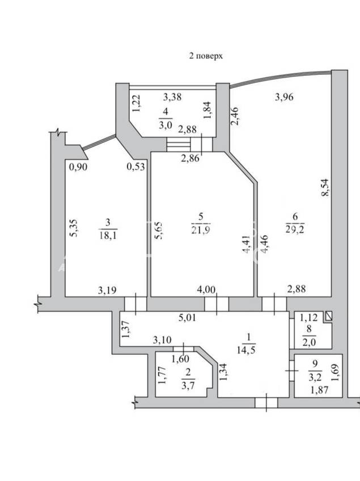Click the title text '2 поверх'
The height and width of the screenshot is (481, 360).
[206, 56]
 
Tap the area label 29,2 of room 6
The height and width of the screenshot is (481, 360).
[295, 229]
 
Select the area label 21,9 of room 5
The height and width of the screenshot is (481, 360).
[201, 230]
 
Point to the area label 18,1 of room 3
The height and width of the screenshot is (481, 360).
[108, 235]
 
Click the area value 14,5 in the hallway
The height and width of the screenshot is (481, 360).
[246, 350]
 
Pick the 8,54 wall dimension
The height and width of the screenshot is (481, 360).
[324, 188]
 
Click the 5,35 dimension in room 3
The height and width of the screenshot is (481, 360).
[74, 228]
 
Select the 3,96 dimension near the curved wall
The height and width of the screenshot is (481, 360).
[284, 97]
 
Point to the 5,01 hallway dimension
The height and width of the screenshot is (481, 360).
[187, 317]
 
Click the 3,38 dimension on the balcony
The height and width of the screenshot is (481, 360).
[172, 97]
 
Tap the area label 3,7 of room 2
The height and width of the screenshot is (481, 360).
[188, 385]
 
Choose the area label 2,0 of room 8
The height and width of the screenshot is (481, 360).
[308, 342]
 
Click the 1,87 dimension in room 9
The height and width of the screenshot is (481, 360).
[319, 390]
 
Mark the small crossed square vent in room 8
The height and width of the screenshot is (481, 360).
[329, 316]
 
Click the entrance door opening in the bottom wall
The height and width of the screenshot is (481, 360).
[266, 403]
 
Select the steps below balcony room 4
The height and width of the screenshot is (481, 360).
[179, 144]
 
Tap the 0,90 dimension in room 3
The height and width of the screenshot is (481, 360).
[78, 167]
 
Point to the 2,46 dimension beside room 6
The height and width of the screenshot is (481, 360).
[235, 116]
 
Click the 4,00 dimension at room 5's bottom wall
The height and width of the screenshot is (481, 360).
[206, 290]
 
